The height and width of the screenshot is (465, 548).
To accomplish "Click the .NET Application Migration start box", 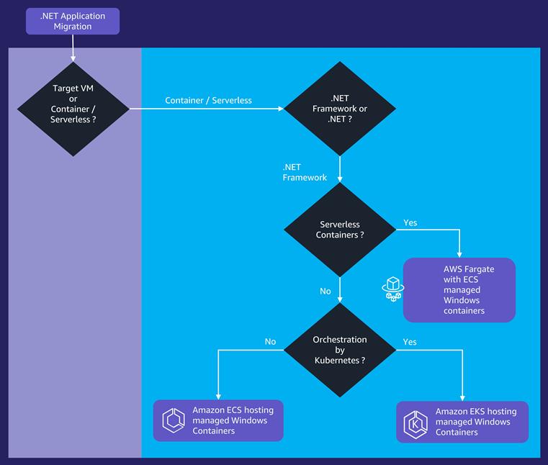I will click(x=72, y=21).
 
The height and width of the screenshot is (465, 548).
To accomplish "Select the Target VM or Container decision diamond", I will click(x=73, y=109).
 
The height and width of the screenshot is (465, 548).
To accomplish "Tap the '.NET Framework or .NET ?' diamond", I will click(x=340, y=109).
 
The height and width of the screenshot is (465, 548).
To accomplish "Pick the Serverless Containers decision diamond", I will click(x=340, y=230).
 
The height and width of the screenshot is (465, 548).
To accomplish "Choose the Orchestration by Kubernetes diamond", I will click(x=340, y=350).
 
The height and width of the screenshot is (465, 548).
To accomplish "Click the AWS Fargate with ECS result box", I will click(x=459, y=289).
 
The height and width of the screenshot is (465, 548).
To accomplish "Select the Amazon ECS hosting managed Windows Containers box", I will click(x=218, y=420).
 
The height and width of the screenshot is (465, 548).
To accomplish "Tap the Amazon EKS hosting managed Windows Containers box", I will click(x=462, y=422).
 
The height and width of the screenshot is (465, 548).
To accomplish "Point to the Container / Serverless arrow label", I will click(x=208, y=100).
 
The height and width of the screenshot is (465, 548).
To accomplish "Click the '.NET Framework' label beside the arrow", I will click(x=305, y=172).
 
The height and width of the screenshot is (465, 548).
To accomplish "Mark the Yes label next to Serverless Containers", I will click(x=410, y=222).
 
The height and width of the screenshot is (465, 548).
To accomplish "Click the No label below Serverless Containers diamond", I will click(x=325, y=292).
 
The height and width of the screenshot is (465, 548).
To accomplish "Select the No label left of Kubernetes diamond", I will click(x=270, y=342).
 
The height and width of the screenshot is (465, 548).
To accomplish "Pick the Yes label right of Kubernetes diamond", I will click(x=410, y=342).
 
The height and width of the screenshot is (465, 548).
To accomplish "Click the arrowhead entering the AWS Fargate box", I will click(x=459, y=254).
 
